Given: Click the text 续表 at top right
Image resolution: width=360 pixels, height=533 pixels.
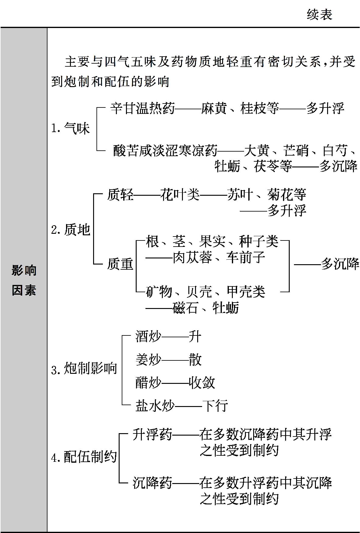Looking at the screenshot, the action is (320, 15).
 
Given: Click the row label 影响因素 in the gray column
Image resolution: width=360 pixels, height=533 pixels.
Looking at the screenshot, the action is (24, 280).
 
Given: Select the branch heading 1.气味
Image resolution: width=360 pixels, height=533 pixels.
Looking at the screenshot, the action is (70, 128).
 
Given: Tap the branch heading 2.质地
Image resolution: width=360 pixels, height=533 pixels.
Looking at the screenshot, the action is (71, 230).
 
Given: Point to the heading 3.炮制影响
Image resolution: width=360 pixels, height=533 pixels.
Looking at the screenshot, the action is (84, 368).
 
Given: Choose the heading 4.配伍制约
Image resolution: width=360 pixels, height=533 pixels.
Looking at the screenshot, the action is (84, 457).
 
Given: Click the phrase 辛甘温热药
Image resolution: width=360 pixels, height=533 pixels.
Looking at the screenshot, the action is (143, 108).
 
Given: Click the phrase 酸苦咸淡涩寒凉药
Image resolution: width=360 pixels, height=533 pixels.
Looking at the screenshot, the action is (166, 150).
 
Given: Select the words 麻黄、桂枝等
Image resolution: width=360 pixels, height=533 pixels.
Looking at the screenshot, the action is (240, 108).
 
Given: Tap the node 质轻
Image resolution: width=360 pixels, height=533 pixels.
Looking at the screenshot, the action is (120, 195).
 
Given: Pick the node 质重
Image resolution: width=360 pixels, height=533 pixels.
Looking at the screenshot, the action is (120, 264).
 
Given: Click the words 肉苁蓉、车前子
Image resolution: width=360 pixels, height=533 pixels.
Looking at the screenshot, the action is (219, 258).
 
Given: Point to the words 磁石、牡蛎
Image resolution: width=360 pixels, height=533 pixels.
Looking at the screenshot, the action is (206, 308).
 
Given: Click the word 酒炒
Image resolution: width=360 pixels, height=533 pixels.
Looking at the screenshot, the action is (149, 337).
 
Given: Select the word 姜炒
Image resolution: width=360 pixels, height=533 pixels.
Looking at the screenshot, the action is (149, 360).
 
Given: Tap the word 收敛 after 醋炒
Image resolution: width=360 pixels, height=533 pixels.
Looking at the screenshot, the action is (202, 383).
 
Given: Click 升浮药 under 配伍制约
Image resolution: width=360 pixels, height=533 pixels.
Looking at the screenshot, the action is (152, 434).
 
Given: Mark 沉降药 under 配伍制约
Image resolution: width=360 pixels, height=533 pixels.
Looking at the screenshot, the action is (152, 483).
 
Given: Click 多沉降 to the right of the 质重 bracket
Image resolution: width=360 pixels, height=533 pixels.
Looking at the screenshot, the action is (340, 264).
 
